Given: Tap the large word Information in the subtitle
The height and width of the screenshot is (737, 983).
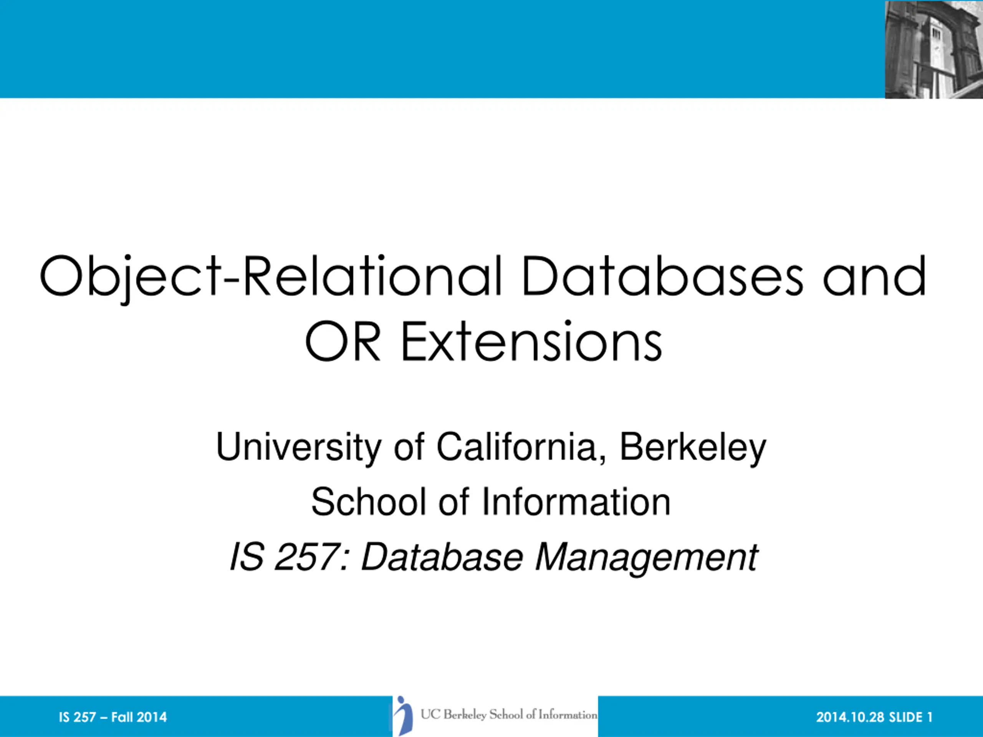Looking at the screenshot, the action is point(576,502).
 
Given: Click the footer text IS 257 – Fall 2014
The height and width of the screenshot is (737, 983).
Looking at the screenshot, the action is point(113,717).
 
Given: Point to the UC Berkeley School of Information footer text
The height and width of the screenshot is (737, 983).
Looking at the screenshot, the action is point(509,715).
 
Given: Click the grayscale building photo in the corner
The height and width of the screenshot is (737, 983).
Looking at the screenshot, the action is point(934,49).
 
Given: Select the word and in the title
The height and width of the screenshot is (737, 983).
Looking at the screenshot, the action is point(875,276).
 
